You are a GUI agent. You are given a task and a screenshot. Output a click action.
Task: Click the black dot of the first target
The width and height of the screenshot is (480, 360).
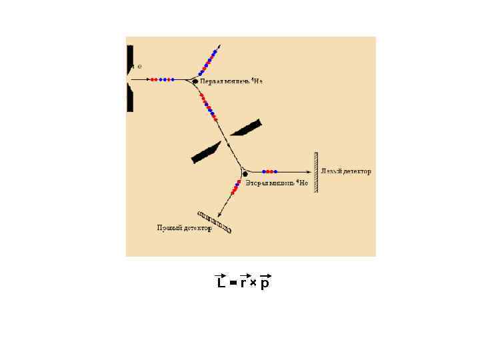(195, 81)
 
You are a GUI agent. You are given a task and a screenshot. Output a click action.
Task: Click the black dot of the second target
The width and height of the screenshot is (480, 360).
(245, 174)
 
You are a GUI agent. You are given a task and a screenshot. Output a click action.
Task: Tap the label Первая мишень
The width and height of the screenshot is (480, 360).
(225, 81)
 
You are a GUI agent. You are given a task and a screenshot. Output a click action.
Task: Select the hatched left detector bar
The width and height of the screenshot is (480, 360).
(316, 172)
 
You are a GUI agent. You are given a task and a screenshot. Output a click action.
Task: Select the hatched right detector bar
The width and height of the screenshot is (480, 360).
(215, 223)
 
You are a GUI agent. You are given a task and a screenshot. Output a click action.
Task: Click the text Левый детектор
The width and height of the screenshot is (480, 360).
(345, 171)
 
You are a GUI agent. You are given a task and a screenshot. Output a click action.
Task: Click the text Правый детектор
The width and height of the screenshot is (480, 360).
(184, 228)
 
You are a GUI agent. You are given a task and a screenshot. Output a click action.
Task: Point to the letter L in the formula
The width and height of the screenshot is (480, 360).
(221, 283)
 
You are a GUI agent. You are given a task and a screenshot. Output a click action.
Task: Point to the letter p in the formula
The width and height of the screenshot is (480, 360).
(265, 284)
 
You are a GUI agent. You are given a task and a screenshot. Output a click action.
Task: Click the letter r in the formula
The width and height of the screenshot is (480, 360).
(244, 283)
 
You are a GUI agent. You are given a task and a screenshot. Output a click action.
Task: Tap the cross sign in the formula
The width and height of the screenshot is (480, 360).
(253, 283)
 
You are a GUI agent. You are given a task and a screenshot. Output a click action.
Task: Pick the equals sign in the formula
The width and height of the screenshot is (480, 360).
(233, 283)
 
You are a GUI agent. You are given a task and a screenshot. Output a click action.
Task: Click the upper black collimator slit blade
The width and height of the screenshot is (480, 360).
(246, 127)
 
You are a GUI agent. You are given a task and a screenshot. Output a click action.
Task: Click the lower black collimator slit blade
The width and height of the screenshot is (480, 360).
(206, 153)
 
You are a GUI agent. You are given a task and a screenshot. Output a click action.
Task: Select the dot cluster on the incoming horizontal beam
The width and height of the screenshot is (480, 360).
(162, 79)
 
